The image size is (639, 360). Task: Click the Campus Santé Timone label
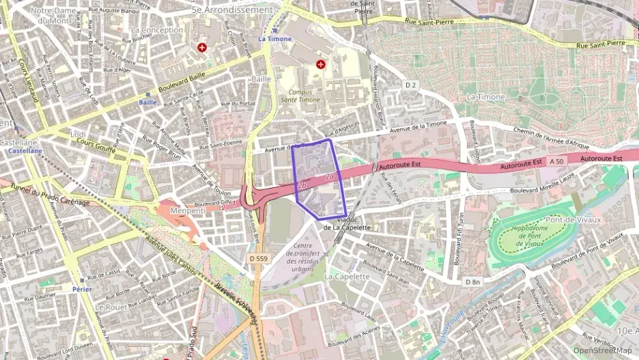click(x=304, y=96)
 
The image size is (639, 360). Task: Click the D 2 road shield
click(x=410, y=85)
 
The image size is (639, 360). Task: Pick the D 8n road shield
click(x=472, y=281)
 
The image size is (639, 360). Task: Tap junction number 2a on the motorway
click(x=329, y=178)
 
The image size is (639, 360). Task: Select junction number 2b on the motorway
click(x=302, y=185)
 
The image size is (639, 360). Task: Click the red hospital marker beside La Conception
click(x=202, y=48)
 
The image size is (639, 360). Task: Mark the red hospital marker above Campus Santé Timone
click(x=321, y=64)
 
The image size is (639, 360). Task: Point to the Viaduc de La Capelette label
click(x=347, y=223)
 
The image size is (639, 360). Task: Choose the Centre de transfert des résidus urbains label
click(x=302, y=257)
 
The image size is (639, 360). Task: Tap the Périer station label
click(x=81, y=289)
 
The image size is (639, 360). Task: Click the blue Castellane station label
click(x=20, y=151)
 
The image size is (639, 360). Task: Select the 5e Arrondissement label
click(x=232, y=10)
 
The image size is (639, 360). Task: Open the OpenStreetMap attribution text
click(x=605, y=350)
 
